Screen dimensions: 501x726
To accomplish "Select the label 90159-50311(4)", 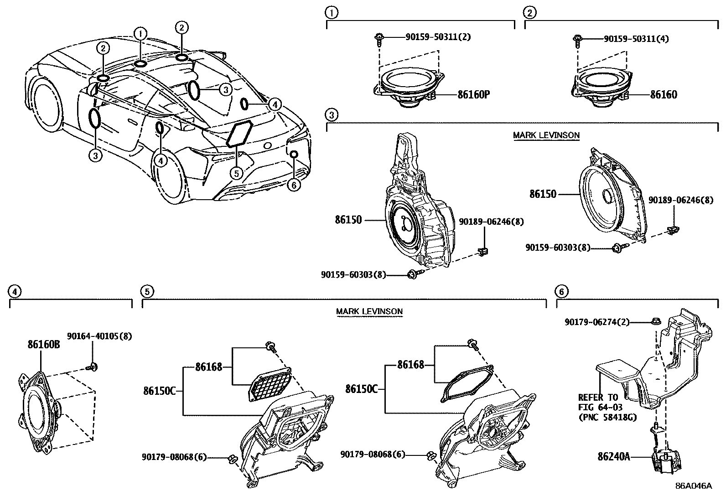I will (x=636, y=39).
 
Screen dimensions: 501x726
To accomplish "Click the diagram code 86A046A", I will (x=693, y=486).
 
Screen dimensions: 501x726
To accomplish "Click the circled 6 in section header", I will (x=561, y=291).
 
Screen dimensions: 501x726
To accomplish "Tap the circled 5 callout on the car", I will (x=235, y=173).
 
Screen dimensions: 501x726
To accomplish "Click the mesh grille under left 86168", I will (x=270, y=385).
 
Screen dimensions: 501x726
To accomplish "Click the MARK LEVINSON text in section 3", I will (x=546, y=135).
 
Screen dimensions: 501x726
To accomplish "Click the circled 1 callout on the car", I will (x=140, y=33).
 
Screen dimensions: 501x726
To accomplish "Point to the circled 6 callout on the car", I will (x=294, y=185).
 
